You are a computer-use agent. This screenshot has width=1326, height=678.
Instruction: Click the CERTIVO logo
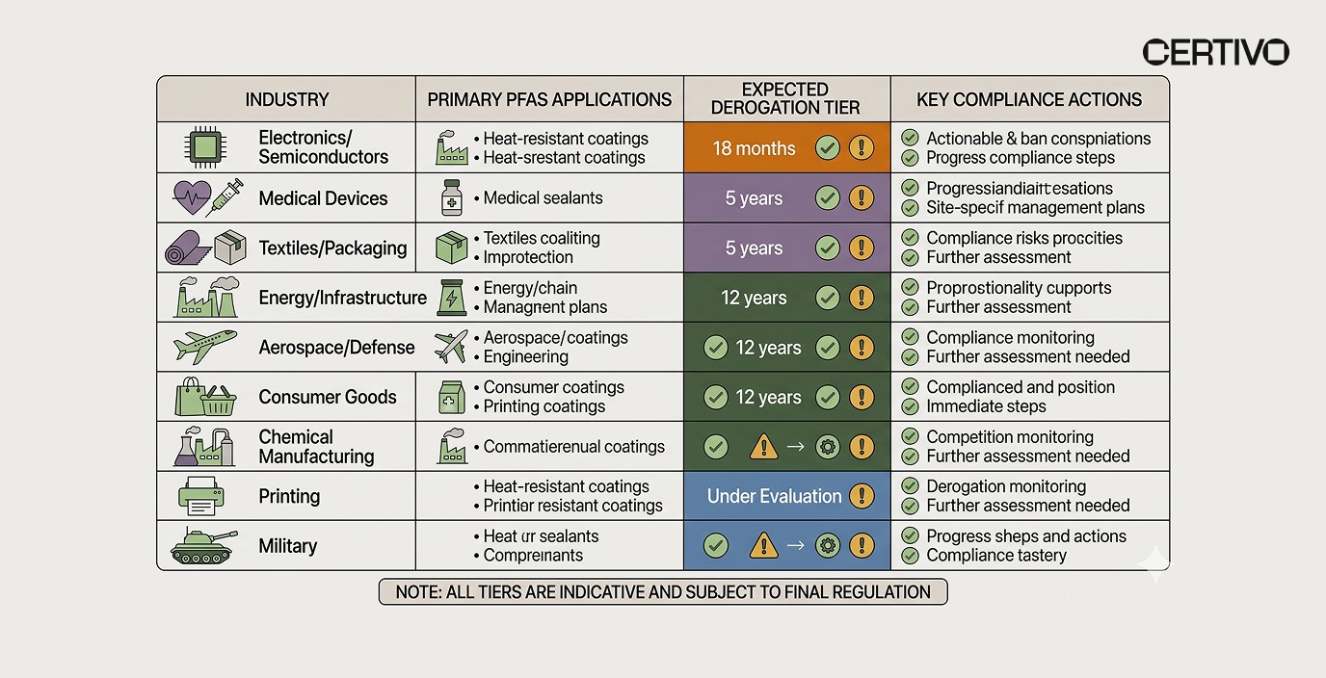pos(1215,52)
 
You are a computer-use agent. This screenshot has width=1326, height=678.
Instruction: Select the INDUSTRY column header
pos(286,99)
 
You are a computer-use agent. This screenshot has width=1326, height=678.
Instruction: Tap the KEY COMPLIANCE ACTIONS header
pos(1028,99)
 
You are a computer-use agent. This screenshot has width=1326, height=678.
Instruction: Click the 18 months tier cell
pos(754,148)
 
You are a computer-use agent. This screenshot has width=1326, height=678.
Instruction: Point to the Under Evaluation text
pos(774,496)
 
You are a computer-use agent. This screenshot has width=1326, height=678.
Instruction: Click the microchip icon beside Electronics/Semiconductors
pos(203,147)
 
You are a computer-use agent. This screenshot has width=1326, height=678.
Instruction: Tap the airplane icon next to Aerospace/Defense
pos(203,347)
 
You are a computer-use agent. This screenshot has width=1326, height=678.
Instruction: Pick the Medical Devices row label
pos(323,198)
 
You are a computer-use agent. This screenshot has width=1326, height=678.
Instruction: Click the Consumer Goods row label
pos(327,397)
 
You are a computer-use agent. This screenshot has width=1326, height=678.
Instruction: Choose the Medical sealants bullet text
pos(543,198)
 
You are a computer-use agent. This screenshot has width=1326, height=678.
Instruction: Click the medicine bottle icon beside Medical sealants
pos(451,198)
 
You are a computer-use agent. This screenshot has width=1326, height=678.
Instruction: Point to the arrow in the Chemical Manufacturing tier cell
pos(795,447)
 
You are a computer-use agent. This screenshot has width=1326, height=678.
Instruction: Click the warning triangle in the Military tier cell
pos(763,546)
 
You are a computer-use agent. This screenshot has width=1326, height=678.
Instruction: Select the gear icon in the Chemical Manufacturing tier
pos(827,447)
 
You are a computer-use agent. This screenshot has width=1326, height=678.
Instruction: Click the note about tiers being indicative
pos(663,591)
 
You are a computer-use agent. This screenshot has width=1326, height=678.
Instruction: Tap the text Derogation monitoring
pos(1005,486)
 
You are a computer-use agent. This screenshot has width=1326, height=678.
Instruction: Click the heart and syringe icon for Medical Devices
pos(203,198)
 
